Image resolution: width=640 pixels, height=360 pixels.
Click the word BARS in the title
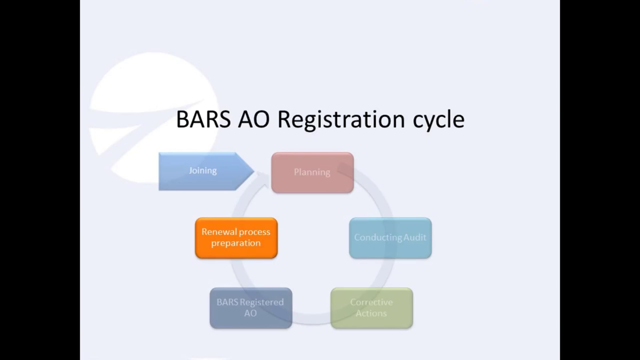point(203,120)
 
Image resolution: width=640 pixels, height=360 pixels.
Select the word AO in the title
point(254,120)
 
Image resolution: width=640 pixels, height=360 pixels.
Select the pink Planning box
point(312,173)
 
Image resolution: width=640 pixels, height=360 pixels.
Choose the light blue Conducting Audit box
point(390,238)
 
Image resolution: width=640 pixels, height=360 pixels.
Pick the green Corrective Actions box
point(371,308)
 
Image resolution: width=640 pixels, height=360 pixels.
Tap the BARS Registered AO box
point(251,308)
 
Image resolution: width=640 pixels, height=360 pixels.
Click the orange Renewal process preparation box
point(236,238)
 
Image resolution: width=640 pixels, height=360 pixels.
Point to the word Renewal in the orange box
point(217,232)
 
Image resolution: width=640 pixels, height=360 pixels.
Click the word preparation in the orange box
point(236,243)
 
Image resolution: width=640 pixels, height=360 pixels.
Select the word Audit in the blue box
point(415,237)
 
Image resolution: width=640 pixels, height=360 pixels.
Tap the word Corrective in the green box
point(371,302)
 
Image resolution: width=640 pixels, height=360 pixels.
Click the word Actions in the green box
point(371,313)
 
